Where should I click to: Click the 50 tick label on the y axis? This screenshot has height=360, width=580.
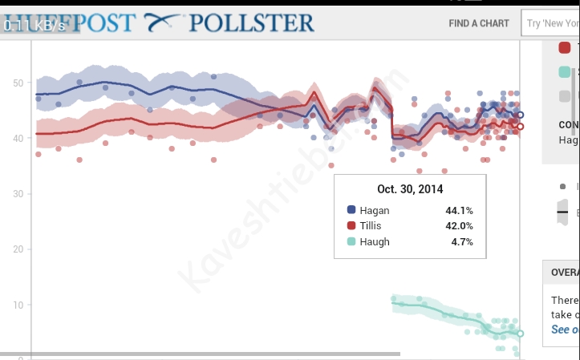18,83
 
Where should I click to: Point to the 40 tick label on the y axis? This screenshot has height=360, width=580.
18,138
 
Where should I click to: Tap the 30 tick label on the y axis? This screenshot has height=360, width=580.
18,193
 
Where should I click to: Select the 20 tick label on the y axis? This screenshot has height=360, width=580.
18,249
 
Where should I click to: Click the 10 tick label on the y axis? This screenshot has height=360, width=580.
18,305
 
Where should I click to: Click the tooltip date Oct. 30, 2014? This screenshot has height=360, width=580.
410,189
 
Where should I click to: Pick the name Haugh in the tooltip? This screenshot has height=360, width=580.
375,241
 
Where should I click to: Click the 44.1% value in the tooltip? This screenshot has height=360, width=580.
459,210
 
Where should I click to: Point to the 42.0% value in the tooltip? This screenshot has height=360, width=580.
459,226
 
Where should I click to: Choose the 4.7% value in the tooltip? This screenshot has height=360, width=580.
462,241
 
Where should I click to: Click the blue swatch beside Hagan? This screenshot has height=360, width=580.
351,210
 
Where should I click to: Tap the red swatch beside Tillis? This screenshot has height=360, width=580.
351,226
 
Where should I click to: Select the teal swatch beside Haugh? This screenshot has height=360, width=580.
351,241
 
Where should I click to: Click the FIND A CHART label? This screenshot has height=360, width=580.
479,23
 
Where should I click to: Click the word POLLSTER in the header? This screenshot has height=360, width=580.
251,22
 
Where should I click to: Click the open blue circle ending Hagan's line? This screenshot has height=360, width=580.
520,115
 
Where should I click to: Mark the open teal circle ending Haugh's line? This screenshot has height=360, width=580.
520,334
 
